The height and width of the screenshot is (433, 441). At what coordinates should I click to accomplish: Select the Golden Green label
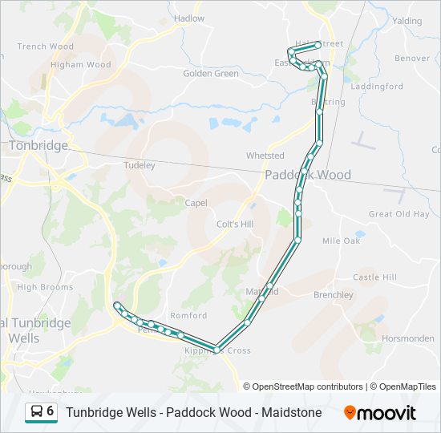211,74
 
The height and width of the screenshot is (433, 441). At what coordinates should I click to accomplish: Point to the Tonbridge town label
38,145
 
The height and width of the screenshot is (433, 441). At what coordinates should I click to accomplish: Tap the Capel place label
196,203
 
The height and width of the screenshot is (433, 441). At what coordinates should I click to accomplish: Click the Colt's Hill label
235,225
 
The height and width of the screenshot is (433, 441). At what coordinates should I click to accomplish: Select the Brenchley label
333,295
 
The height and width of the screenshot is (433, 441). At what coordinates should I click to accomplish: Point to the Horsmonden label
408,338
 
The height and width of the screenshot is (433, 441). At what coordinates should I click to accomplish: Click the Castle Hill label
374,277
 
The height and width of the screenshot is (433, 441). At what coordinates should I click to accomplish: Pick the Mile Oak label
341,241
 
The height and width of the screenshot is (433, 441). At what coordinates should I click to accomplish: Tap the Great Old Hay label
399,214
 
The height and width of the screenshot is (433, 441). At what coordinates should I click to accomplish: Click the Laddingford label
377,86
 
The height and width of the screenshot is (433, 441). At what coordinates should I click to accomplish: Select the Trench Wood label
45,47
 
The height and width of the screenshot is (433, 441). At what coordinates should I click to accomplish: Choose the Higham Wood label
80,65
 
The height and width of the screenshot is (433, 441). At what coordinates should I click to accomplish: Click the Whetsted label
265,156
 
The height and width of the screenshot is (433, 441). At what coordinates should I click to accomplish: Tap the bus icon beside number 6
36,412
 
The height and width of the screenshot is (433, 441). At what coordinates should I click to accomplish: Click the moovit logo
380,413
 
